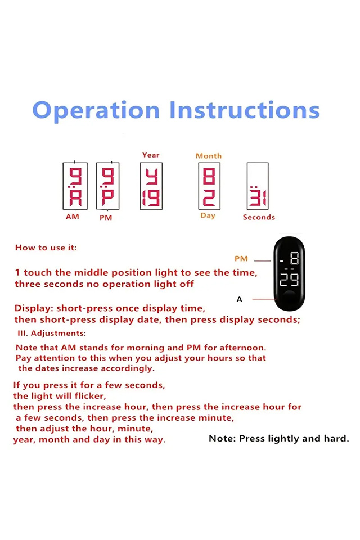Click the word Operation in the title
96,111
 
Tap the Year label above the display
151,155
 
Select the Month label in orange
209,156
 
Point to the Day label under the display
208,215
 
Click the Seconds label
259,217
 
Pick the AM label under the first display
73,217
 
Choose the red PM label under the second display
106,218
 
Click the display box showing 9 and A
75,186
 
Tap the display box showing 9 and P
107,186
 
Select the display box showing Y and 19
151,186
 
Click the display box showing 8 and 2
209,186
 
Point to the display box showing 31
258,186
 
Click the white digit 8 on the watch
294,258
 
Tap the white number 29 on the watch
289,280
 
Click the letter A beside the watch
240,299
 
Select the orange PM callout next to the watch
241,259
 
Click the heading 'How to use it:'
46,247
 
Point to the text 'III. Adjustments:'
52,334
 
